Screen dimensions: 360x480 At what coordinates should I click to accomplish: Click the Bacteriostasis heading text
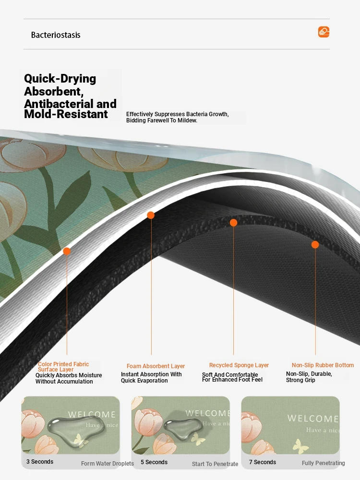56,35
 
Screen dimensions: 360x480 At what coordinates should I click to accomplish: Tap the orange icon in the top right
324,32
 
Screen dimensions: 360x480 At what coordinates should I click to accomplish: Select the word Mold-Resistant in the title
66,114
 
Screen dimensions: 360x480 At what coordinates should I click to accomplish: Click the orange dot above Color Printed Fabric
67,252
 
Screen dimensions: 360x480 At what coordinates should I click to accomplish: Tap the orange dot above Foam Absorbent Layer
151,215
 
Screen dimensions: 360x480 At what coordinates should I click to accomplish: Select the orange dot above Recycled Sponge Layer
233,223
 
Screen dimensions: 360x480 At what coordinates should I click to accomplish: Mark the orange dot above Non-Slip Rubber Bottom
315,245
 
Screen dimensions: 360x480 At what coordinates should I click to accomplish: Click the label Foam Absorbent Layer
156,366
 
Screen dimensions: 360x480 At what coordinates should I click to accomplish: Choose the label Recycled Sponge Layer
239,365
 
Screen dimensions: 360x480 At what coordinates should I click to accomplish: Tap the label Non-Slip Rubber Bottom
323,365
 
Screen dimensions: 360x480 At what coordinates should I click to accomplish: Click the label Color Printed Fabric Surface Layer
63,367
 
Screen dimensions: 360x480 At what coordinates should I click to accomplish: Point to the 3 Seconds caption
40,462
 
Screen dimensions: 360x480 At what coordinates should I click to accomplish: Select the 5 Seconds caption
154,462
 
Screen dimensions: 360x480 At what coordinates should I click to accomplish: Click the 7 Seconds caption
263,462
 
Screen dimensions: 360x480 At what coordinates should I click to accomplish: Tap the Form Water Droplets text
108,464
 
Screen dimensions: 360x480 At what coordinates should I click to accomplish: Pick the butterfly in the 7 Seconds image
300,445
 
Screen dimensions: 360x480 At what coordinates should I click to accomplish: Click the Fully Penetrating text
323,463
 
